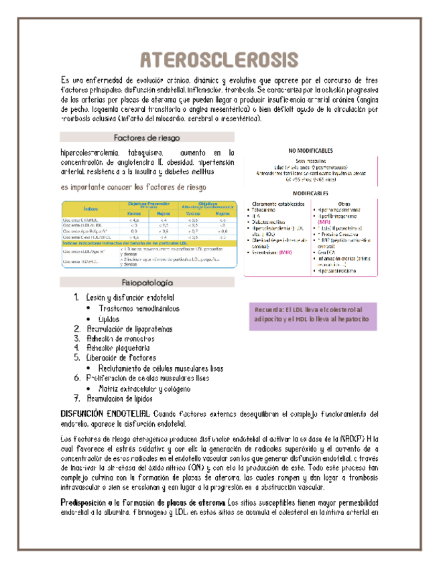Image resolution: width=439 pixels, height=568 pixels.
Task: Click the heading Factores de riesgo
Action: [147, 137]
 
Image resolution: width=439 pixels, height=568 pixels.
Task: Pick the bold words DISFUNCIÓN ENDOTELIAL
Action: [106, 413]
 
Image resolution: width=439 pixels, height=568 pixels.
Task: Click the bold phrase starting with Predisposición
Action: [143, 502]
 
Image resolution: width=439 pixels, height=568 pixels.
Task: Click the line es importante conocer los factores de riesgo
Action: [133, 187]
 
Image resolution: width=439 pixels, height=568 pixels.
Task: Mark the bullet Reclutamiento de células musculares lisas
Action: [161, 368]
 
